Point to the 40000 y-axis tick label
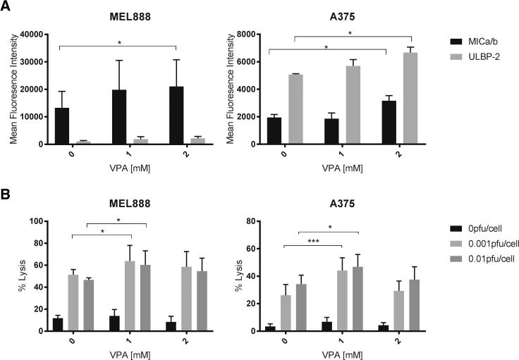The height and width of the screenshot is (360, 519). pos(32,34)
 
